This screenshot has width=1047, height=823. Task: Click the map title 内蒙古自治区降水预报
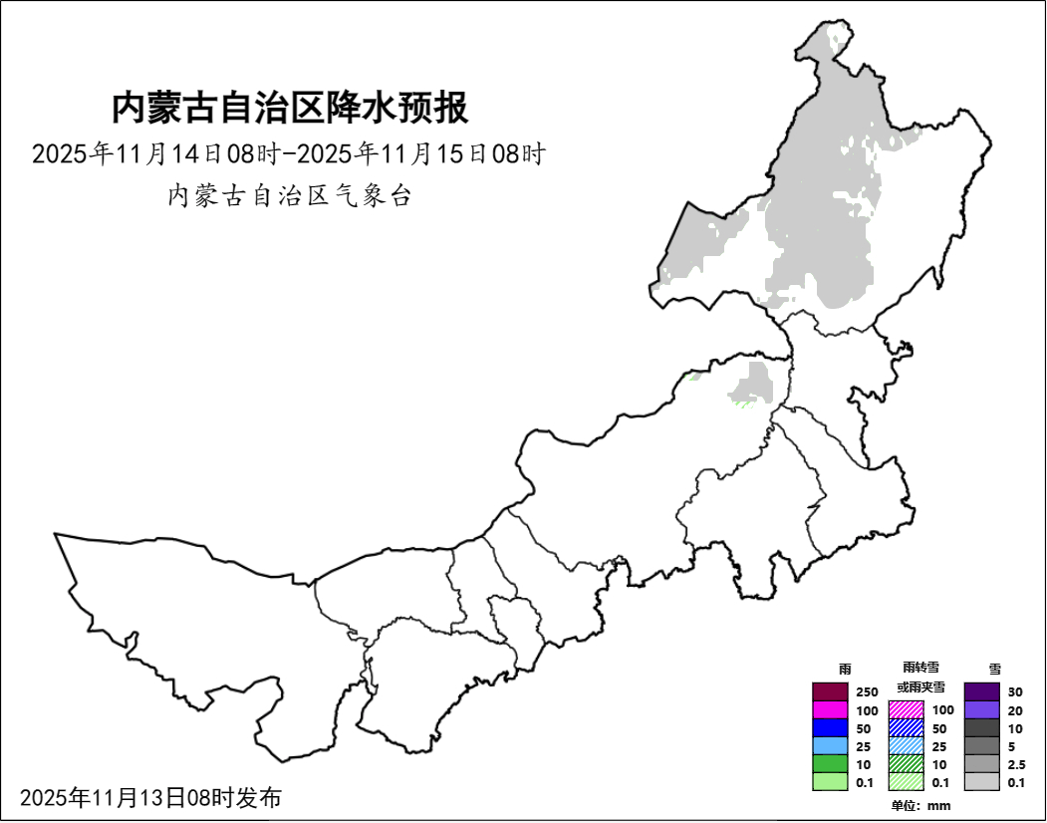click(x=289, y=108)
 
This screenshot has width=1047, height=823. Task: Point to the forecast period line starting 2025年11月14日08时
click(x=289, y=154)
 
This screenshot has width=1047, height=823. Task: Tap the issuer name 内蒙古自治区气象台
click(x=289, y=195)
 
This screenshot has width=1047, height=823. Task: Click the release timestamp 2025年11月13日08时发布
click(x=150, y=797)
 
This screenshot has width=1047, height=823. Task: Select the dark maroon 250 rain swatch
click(x=829, y=691)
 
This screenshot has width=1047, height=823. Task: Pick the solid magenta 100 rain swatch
click(x=829, y=709)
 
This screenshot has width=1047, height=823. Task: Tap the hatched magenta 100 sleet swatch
click(x=906, y=709)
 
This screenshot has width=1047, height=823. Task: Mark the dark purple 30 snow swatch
click(x=981, y=691)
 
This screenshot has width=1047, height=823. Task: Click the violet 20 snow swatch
click(x=981, y=709)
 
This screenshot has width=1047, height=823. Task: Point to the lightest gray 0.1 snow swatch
click(x=981, y=782)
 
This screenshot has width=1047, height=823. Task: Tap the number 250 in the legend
click(x=867, y=692)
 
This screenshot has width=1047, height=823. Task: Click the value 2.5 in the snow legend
click(x=1016, y=764)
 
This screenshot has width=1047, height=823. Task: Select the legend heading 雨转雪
click(x=920, y=667)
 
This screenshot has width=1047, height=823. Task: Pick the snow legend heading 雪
click(x=994, y=669)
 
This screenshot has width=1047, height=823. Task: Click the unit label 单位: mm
click(x=920, y=805)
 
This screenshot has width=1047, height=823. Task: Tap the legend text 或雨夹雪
click(x=920, y=687)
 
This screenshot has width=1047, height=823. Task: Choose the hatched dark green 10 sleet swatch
click(x=906, y=764)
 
